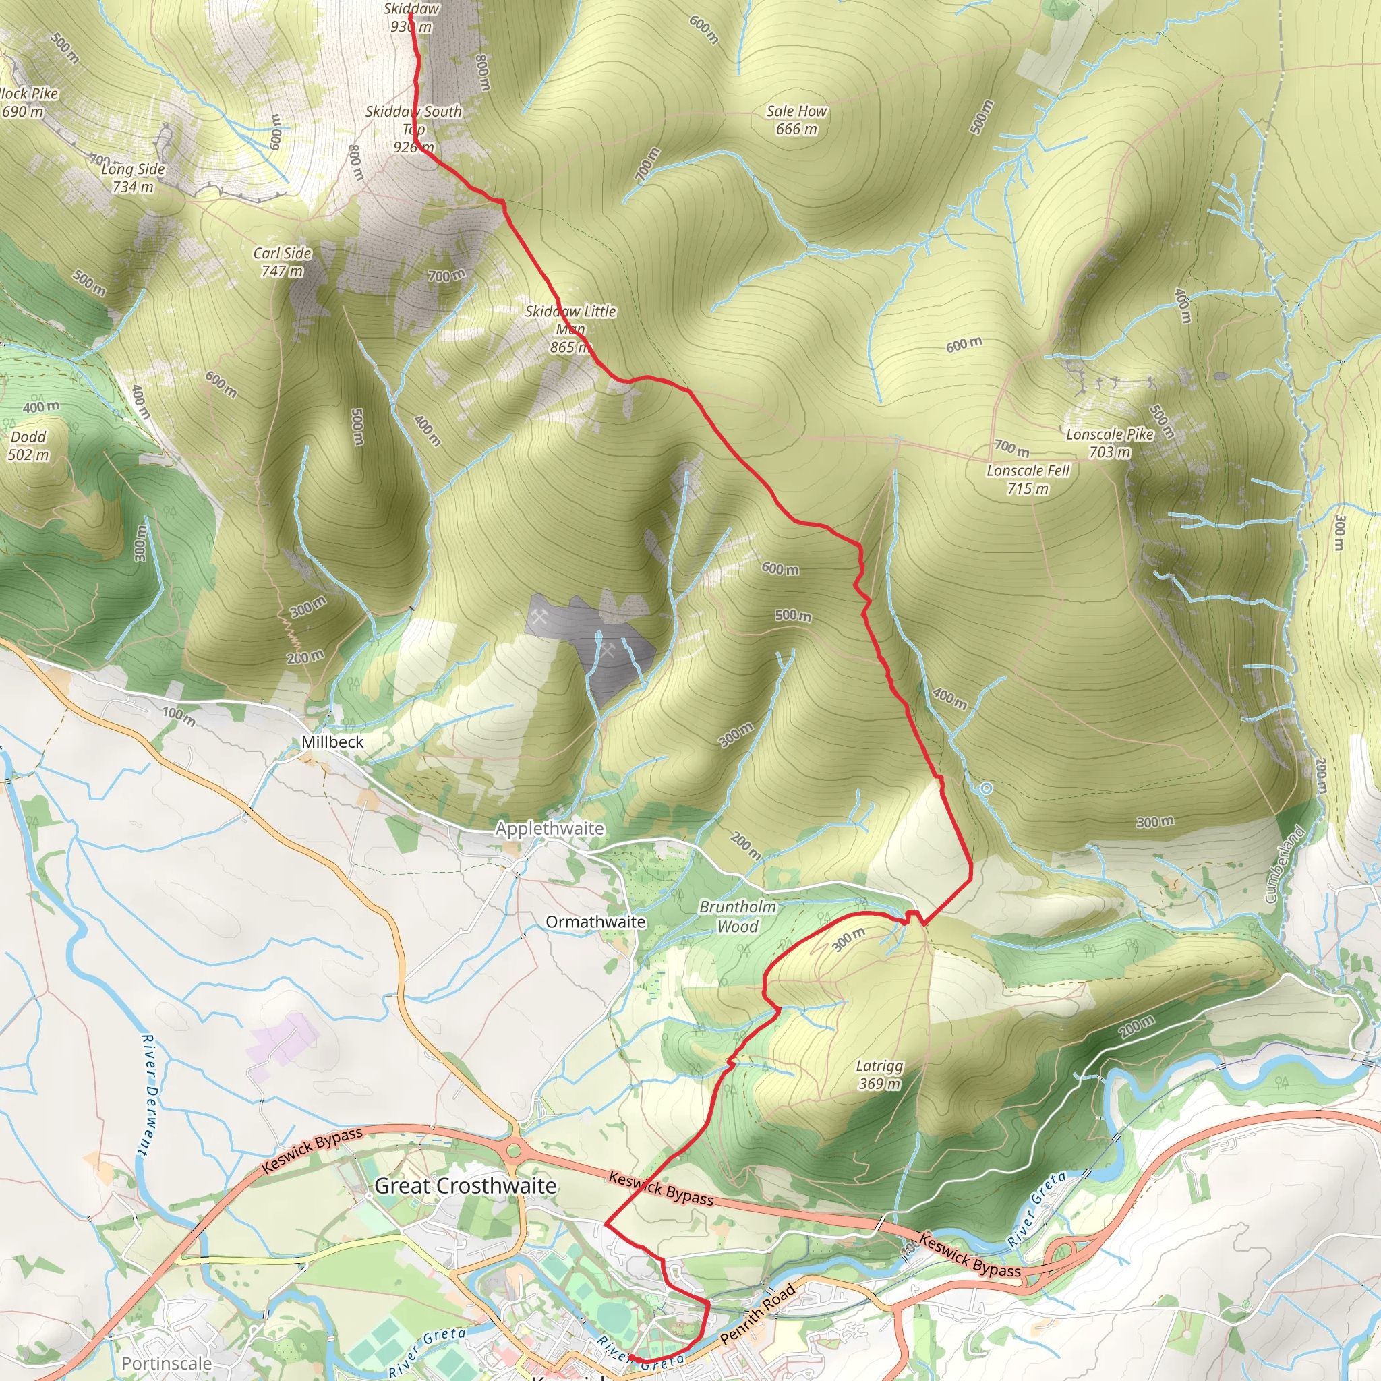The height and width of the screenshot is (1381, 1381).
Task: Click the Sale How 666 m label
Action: coord(796,120)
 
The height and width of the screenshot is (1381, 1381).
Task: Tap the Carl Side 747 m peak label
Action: coord(283,262)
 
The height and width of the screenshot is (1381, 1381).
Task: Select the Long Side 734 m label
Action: coord(133,178)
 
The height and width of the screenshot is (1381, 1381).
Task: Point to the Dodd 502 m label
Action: coord(28,445)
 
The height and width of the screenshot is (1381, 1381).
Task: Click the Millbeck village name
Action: coord(332,742)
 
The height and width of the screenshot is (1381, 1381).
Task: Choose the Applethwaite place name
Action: coord(550,829)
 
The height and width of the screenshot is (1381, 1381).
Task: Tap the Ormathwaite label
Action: coord(595,922)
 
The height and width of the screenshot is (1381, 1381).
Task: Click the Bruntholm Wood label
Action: coord(738,916)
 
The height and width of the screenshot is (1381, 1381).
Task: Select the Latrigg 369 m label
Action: coord(879,1075)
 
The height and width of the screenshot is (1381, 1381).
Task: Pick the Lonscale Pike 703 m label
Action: coord(1109,442)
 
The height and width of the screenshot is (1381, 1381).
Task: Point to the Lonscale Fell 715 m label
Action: coord(1028,479)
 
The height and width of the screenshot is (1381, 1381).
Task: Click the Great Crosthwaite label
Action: coord(465,1186)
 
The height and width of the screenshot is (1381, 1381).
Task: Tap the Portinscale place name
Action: coord(167,1363)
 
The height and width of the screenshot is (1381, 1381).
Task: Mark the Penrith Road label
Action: coord(758,1313)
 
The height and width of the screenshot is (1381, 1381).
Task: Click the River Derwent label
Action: coord(146,1094)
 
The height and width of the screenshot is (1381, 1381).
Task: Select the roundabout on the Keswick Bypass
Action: coord(513,1152)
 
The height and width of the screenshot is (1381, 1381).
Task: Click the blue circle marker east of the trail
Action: coord(986,788)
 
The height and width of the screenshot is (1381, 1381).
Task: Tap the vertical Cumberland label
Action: coord(1285,864)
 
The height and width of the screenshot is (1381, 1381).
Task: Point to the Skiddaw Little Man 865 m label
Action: coord(570,329)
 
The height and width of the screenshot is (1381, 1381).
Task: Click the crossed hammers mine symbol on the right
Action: coord(608,650)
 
